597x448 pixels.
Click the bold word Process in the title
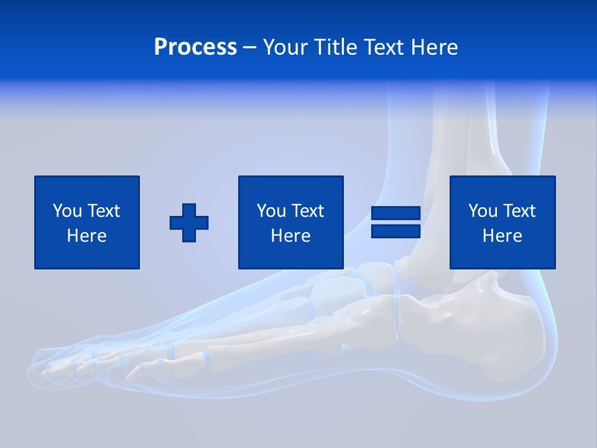point(195,47)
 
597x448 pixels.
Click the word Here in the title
point(437,47)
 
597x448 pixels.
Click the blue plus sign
point(189,223)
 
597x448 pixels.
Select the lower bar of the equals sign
point(396,231)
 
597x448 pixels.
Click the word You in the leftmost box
point(67,211)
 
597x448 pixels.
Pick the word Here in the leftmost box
point(86,236)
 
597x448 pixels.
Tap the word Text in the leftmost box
point(103,211)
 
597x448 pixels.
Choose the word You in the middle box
point(271,211)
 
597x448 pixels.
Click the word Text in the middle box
point(307,211)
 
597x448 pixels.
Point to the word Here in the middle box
point(290,236)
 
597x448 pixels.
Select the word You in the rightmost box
point(483,211)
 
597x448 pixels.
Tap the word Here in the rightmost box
point(502,236)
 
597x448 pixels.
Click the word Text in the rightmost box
point(518,211)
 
